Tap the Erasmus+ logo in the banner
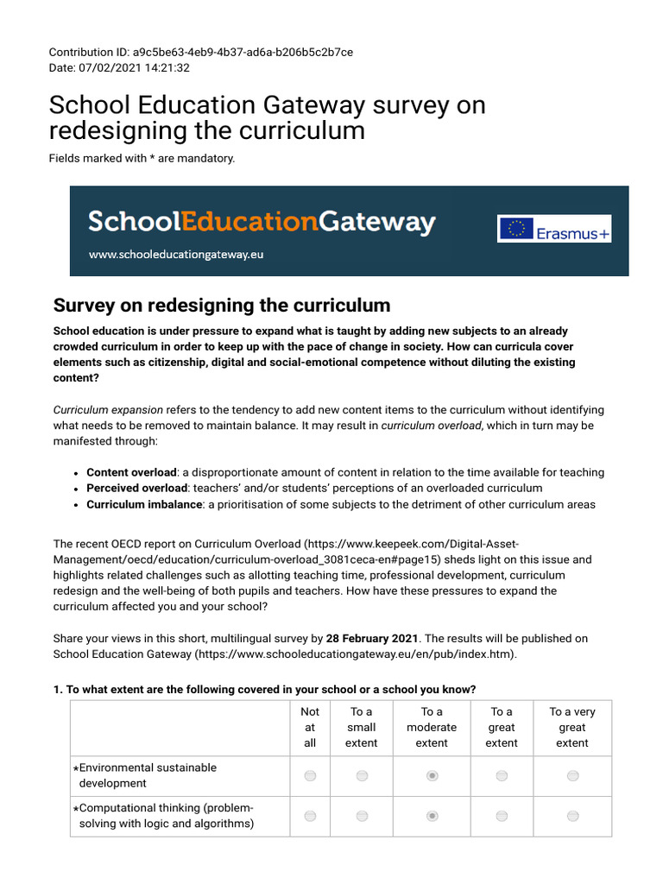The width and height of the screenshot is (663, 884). pos(553,229)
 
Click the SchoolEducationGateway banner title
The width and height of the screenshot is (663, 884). pos(262,222)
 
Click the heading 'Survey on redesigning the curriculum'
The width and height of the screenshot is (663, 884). pos(222,305)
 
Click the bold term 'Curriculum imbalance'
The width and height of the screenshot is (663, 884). pos(144,504)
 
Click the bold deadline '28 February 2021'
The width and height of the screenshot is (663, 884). pos(371,638)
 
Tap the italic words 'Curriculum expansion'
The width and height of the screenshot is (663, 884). pos(108,409)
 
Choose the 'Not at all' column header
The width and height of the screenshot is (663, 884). pos(310,727)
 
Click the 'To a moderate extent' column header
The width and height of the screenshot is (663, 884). pos(432,727)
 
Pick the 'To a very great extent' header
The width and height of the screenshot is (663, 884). pos(572,727)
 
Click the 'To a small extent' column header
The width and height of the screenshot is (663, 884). pos(362,727)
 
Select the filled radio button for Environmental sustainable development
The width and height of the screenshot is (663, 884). pos(433,776)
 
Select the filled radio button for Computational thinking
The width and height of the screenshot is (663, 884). pos(433,816)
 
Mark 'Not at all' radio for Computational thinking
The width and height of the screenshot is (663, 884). pos(310,816)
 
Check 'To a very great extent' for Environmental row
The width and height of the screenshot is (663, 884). pos(572,776)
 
